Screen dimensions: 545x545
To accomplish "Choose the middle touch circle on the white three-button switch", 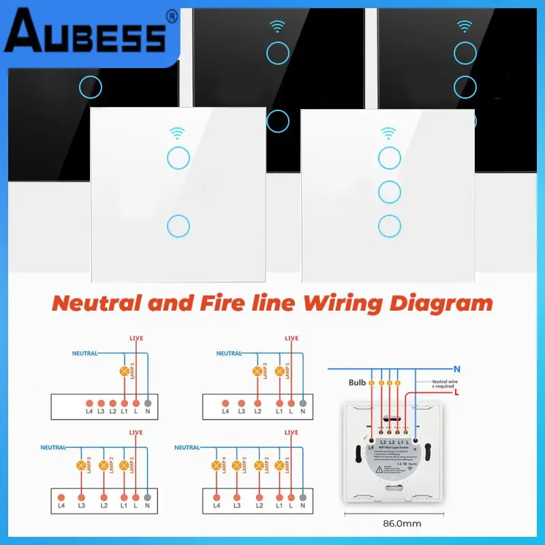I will [x=390, y=191].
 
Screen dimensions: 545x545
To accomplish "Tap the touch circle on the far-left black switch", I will [x=90, y=87].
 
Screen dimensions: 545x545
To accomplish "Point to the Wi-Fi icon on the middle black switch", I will [x=277, y=27].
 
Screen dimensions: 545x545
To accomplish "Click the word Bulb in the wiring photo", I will [x=357, y=383].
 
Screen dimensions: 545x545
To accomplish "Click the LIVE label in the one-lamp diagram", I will [x=136, y=339].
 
